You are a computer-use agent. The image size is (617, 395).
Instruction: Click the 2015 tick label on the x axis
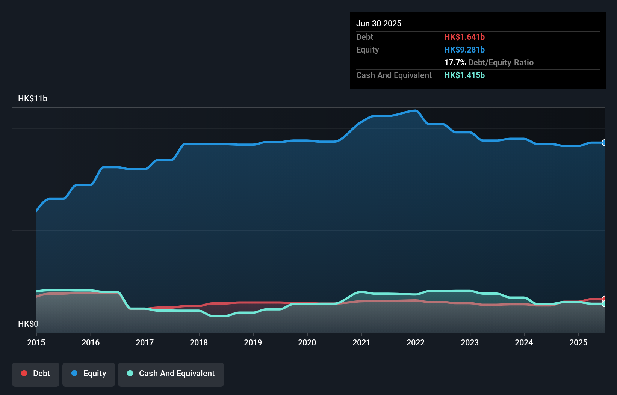(36, 342)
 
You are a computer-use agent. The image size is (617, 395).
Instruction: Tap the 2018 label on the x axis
(199, 342)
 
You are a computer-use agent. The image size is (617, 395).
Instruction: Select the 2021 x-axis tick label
(361, 342)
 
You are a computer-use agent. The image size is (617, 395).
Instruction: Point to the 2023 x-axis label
(470, 342)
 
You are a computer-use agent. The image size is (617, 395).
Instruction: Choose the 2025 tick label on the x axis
(578, 342)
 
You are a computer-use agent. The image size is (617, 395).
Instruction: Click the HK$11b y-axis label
(33, 98)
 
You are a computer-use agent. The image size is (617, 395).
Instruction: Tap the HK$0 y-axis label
(28, 324)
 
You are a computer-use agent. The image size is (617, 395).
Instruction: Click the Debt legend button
(36, 374)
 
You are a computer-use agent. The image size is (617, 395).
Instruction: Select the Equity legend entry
(89, 374)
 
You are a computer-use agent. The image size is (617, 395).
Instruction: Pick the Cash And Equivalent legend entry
(171, 374)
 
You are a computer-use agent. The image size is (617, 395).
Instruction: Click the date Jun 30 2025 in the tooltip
(379, 23)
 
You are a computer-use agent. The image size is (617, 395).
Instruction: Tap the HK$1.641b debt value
(464, 37)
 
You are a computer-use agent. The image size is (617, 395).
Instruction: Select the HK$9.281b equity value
(464, 50)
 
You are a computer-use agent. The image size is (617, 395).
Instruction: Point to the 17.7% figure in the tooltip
(455, 62)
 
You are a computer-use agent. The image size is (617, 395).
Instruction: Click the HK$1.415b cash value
(464, 75)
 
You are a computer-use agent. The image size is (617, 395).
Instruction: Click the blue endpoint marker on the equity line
(604, 143)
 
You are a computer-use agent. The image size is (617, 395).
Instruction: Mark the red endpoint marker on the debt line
(604, 299)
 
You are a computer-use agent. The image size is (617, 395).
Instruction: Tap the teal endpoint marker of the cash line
(604, 304)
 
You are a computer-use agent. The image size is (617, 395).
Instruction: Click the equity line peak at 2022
(416, 110)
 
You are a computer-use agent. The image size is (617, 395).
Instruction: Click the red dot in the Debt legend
(24, 373)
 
